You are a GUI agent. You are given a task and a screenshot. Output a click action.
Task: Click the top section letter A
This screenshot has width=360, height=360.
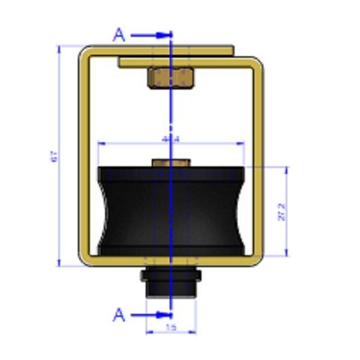tap(120, 35)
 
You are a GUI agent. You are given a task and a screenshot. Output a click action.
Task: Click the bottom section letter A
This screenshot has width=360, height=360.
tap(120, 314)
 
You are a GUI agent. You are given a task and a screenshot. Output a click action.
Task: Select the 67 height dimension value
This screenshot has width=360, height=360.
tap(53, 157)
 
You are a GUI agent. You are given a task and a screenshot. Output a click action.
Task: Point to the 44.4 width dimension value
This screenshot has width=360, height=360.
tap(171, 139)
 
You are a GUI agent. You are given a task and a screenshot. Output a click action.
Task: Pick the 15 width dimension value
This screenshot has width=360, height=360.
tap(172, 328)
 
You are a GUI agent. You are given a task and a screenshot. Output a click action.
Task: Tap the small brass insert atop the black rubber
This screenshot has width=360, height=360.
tap(170, 163)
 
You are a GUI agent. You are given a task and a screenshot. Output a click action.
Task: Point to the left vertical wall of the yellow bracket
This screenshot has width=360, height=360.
tap(85, 156)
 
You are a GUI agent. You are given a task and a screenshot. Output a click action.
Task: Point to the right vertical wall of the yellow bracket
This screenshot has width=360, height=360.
tap(258, 156)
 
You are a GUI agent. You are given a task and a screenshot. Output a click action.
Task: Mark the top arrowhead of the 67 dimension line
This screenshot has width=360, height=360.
tap(59, 48)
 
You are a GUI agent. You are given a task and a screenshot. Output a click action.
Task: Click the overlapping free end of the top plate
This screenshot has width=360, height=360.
tap(123, 62)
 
